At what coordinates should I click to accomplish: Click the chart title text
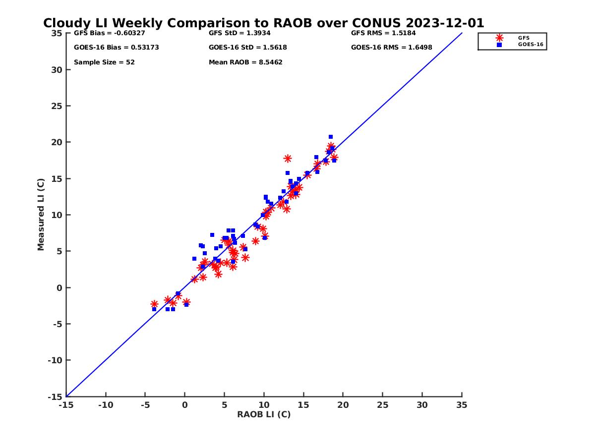[263, 23]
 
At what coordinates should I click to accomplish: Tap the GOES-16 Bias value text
[117, 48]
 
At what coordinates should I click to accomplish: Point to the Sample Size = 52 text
[104, 62]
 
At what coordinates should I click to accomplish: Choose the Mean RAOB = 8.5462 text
[245, 62]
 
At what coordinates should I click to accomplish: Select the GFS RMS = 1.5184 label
[383, 33]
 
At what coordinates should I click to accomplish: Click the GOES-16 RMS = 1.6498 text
[392, 48]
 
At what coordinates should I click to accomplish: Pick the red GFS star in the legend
[499, 38]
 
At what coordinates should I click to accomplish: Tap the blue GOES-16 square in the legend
[499, 45]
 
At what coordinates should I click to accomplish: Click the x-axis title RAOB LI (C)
[264, 414]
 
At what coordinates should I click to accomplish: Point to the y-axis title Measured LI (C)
[41, 215]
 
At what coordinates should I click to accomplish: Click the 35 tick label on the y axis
[57, 33]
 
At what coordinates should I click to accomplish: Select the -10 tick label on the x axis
[105, 405]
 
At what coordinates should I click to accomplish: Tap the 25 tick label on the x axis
[382, 405]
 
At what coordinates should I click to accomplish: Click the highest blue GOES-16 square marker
[331, 137]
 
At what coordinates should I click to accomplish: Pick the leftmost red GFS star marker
[154, 304]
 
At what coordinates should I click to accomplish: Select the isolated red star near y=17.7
[288, 159]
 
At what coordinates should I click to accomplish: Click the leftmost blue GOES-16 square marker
[154, 309]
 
